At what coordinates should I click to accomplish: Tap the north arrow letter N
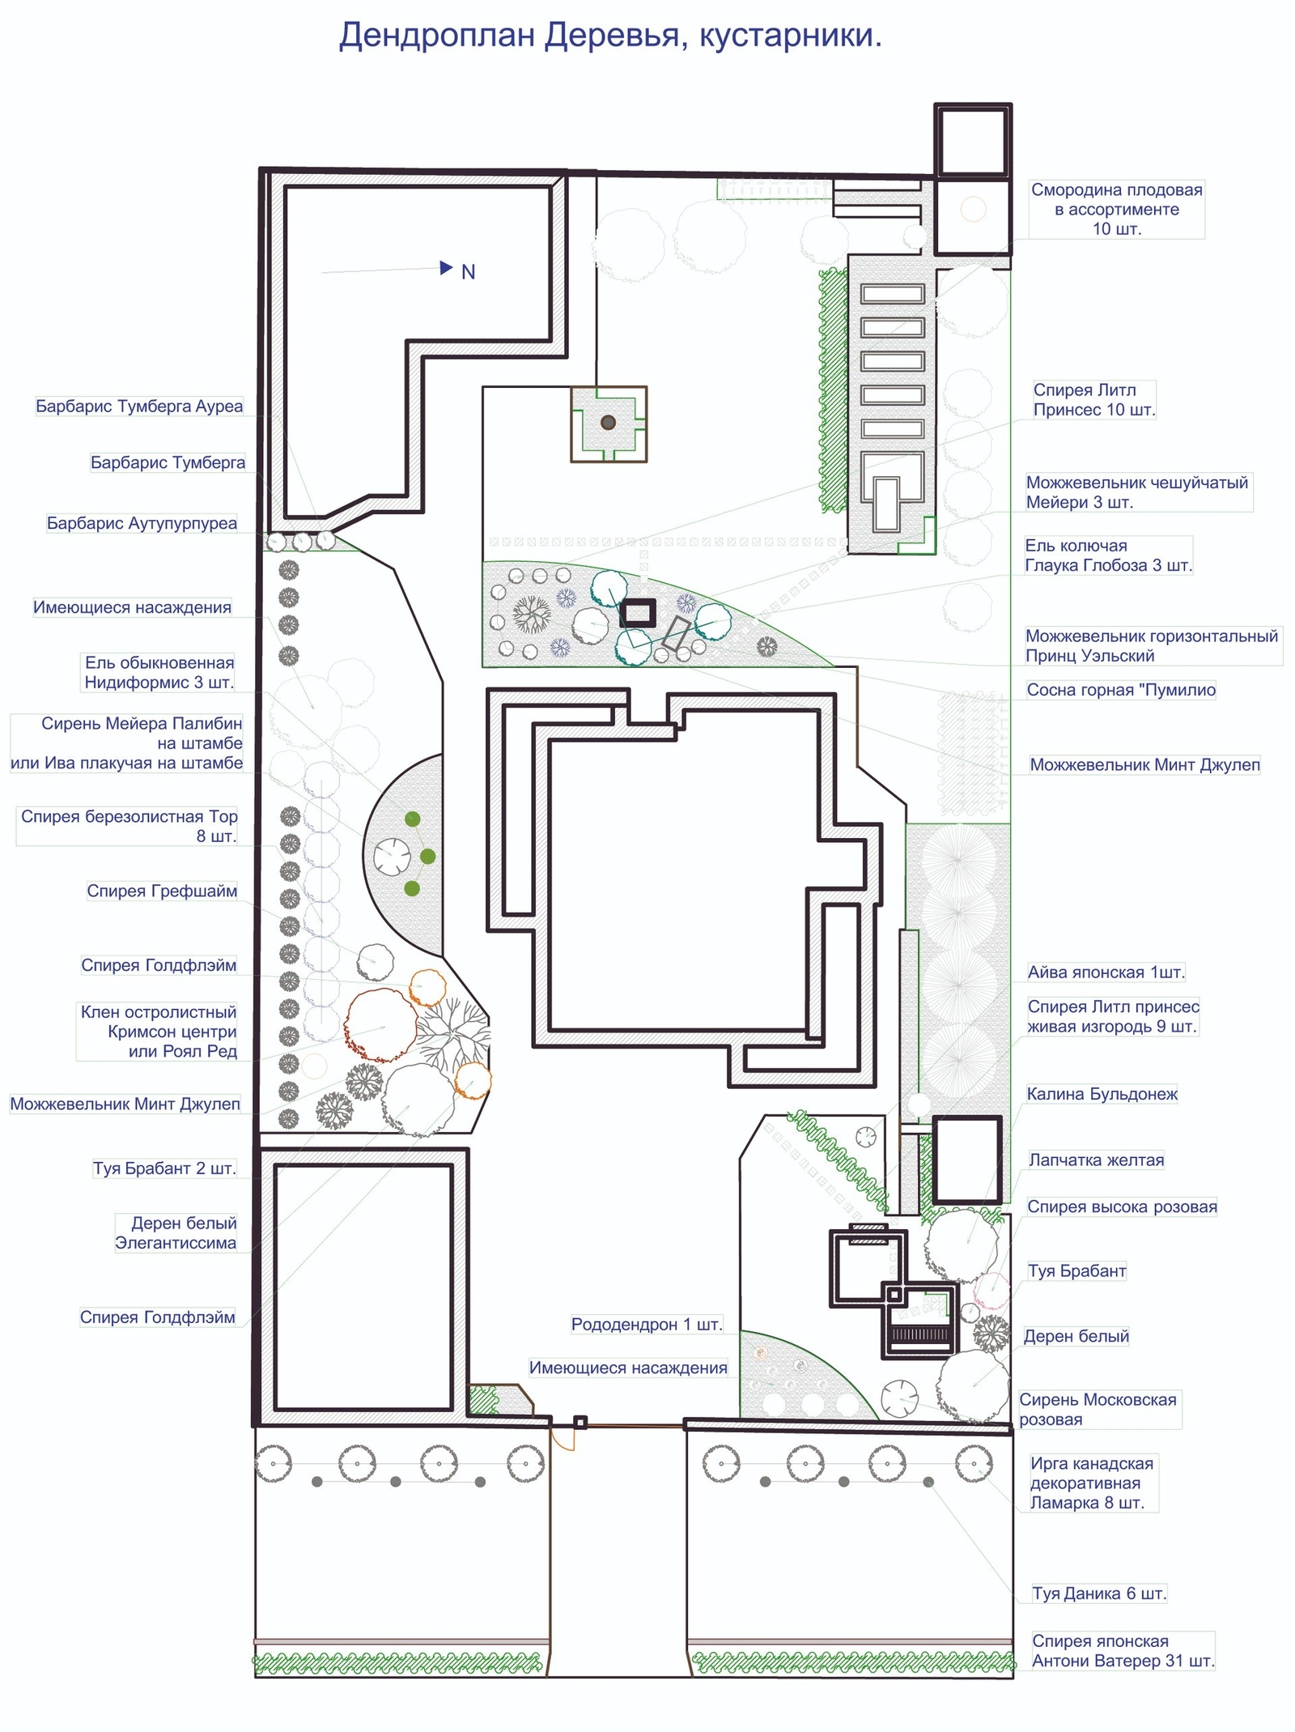tap(468, 272)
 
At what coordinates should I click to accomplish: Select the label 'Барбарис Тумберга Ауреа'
tap(139, 406)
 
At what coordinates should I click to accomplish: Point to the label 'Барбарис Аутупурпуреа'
tap(142, 523)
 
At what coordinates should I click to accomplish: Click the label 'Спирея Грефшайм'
tap(162, 892)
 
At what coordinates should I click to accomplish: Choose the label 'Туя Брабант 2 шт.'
tap(164, 1168)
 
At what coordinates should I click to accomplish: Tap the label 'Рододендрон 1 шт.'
tap(646, 1325)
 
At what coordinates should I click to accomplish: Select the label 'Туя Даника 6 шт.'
tap(1099, 1594)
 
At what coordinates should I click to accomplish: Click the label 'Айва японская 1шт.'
tap(1106, 972)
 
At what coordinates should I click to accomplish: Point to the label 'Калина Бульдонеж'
tap(1102, 1094)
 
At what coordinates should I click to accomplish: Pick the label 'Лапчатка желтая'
tap(1096, 1160)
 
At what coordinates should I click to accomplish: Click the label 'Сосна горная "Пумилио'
tap(1121, 690)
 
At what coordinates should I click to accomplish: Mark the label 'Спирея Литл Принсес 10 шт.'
tap(1094, 400)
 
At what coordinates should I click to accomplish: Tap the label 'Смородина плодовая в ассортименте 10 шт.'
tap(1117, 209)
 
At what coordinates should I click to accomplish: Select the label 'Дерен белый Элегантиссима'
tap(176, 1233)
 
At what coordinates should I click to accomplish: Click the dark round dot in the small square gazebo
tap(609, 422)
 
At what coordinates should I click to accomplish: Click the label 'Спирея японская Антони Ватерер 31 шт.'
tap(1123, 1651)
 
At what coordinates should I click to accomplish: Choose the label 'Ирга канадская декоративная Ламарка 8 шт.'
tap(1091, 1483)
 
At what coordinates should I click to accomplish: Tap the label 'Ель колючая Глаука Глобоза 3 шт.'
tap(1109, 555)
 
